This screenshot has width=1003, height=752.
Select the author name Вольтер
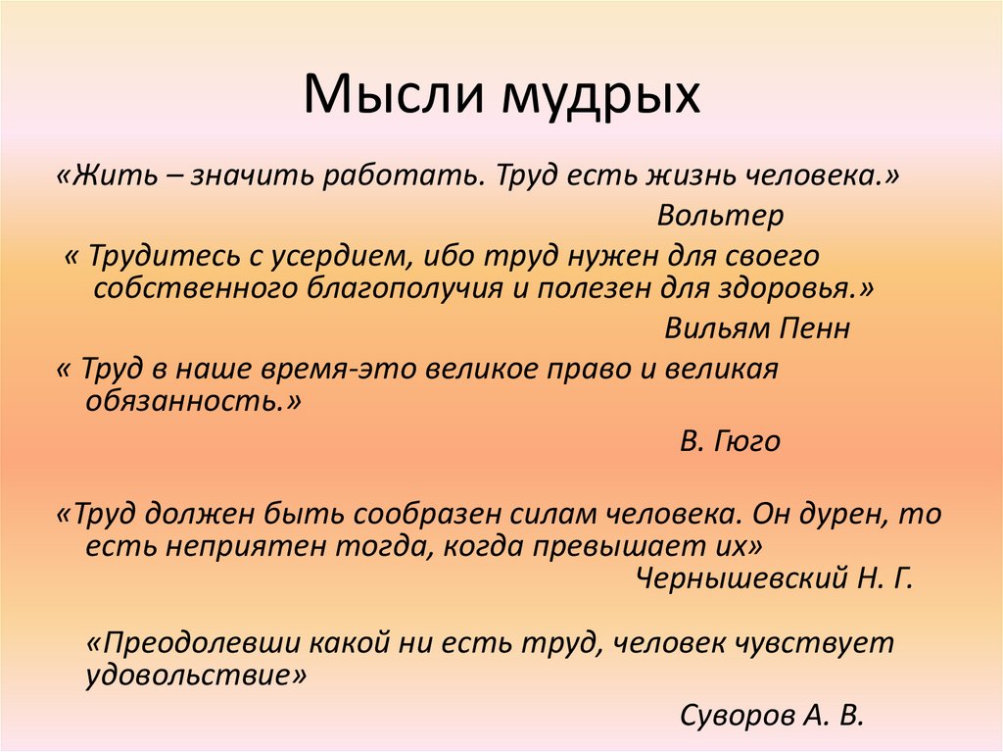click(707, 215)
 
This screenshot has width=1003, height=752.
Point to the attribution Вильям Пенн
click(757, 327)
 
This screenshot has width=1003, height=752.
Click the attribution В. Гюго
click(731, 441)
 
